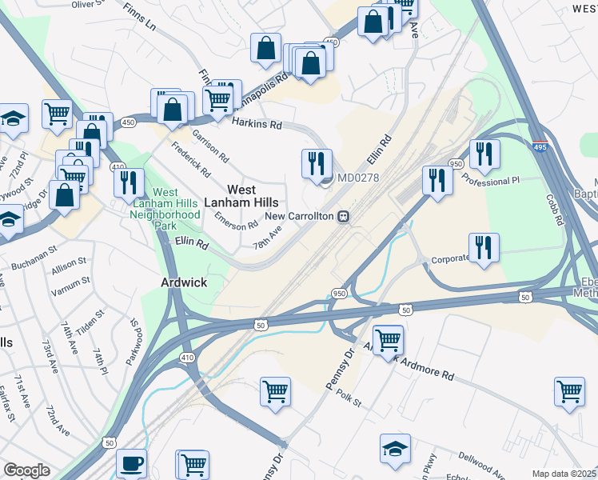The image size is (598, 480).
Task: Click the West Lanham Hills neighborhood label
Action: pyautogui.click(x=242, y=196)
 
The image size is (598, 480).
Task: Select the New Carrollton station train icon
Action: pyautogui.click(x=342, y=216)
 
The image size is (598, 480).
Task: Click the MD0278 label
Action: pyautogui.click(x=357, y=178)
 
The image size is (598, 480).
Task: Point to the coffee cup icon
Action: pyautogui.click(x=131, y=462)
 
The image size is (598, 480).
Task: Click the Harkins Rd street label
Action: pyautogui.click(x=257, y=124)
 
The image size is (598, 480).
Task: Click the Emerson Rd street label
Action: pyautogui.click(x=235, y=226)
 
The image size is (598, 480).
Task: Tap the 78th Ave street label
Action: pyautogui.click(x=268, y=237)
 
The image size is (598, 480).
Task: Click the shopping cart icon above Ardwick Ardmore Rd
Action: pyautogui.click(x=389, y=339)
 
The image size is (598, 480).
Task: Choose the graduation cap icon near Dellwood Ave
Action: pyautogui.click(x=395, y=449)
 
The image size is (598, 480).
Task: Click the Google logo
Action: pyautogui.click(x=26, y=470)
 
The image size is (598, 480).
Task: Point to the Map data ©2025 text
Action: pyautogui.click(x=564, y=474)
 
